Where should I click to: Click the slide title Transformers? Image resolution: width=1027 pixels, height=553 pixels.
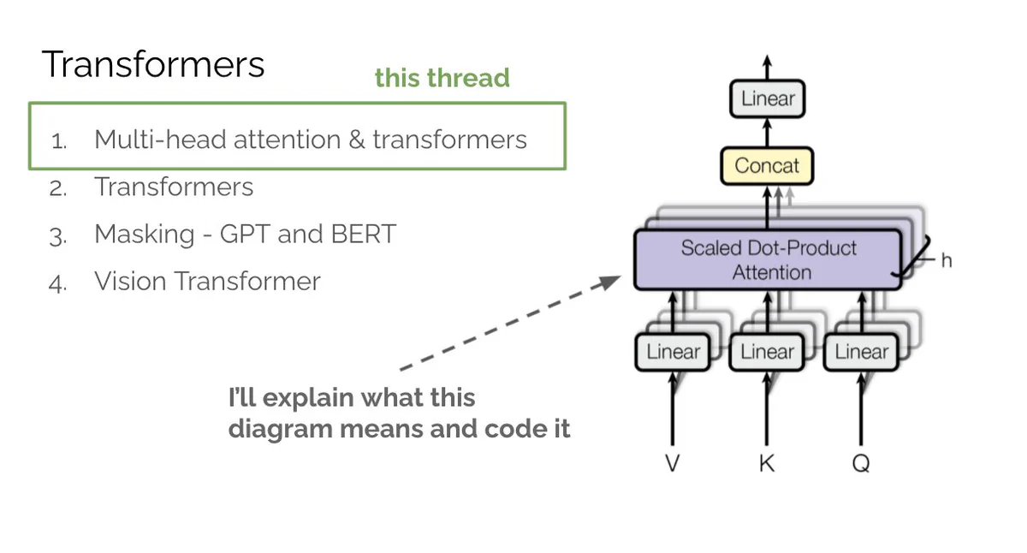(x=153, y=64)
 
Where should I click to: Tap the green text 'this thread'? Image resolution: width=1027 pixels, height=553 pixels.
(x=442, y=78)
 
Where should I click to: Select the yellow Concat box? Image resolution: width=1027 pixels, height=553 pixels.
(x=767, y=165)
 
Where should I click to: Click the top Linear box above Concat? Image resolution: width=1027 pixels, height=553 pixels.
(x=768, y=98)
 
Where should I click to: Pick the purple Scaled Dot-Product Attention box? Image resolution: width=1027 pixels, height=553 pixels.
(x=768, y=260)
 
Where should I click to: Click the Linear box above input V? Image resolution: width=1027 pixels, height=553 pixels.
(x=673, y=352)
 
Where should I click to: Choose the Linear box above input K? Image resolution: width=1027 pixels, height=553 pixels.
(x=767, y=352)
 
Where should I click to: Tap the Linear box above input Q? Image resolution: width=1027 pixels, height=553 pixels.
(x=861, y=352)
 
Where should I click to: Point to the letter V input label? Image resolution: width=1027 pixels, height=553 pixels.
(x=672, y=463)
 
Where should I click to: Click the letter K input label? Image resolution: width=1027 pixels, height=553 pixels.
(x=767, y=463)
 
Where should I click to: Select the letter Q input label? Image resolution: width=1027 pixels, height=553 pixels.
(x=861, y=463)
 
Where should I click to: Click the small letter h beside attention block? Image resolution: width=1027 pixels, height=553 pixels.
(x=947, y=260)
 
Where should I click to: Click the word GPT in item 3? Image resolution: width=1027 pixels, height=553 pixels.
(x=245, y=234)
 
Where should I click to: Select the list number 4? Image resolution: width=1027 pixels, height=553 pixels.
(x=58, y=283)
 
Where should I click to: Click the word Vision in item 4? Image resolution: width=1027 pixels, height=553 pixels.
(x=131, y=281)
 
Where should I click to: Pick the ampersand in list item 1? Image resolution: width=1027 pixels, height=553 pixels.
(x=357, y=140)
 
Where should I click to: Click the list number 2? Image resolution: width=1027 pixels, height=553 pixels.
(x=58, y=189)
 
